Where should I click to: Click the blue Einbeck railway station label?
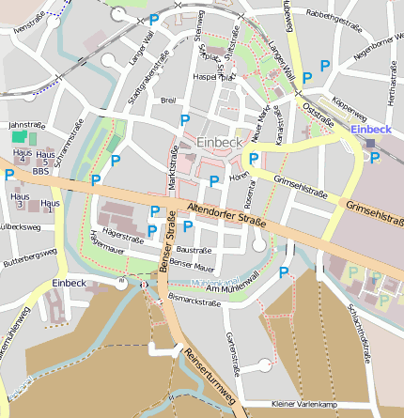[368, 129]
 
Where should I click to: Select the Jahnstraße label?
[26, 124]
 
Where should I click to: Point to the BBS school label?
[40, 172]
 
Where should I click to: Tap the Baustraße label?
[193, 250]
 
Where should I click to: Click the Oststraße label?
[320, 109]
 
